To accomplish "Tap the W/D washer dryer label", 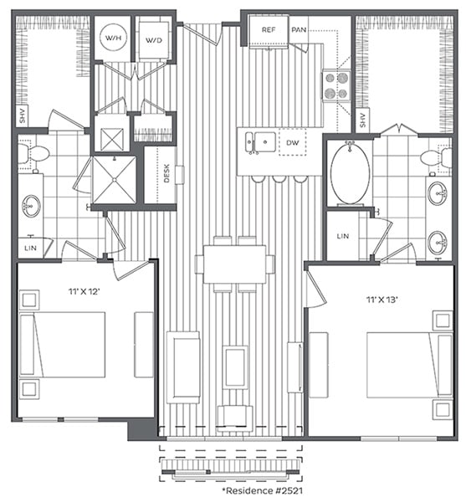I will tap(153, 39).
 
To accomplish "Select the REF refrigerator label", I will tap(269, 29).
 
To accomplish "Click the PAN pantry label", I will tap(299, 29).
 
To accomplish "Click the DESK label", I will tap(167, 174).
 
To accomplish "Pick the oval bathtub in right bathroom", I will tap(350, 173).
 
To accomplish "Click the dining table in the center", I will tap(234, 264).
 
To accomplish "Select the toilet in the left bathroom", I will tap(33, 153).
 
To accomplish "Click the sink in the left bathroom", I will tap(32, 205).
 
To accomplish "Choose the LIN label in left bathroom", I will tap(29, 248).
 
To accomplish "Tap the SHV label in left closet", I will tap(23, 116).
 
